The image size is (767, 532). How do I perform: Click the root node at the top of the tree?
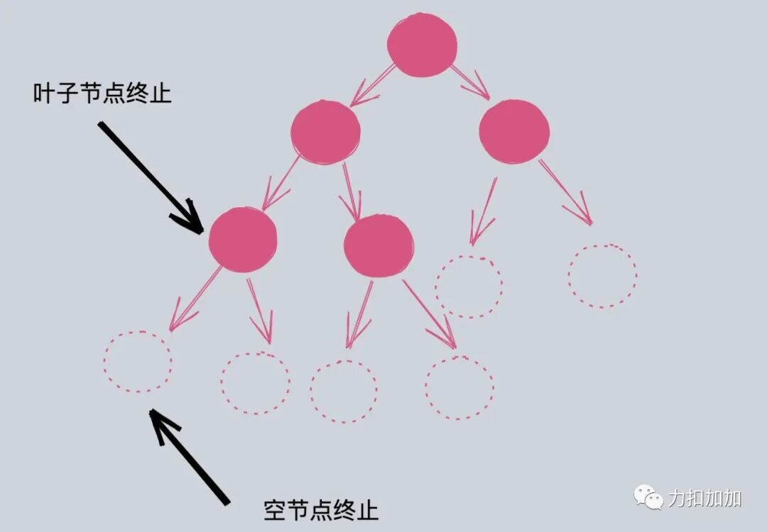(x=422, y=44)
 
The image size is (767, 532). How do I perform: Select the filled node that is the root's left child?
(x=325, y=131)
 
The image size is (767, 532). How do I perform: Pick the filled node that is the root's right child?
(x=513, y=131)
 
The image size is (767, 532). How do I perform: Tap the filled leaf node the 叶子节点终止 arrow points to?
(x=243, y=239)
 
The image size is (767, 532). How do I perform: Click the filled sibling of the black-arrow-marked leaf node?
(x=378, y=245)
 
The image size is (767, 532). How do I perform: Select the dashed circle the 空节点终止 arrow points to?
(x=138, y=361)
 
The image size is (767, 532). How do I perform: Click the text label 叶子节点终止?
(x=102, y=93)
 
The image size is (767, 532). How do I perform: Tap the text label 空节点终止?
(x=321, y=509)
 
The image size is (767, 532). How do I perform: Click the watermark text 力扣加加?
(x=705, y=498)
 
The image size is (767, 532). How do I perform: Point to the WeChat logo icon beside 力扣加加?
(x=648, y=497)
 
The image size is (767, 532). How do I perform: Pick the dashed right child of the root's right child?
(x=602, y=276)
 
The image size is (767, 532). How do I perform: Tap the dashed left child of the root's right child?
(x=469, y=286)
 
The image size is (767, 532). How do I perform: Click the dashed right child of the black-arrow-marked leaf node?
(x=255, y=382)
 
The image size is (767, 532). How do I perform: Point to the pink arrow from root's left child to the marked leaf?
(x=281, y=184)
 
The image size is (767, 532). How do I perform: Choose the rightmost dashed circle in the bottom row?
(x=459, y=387)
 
